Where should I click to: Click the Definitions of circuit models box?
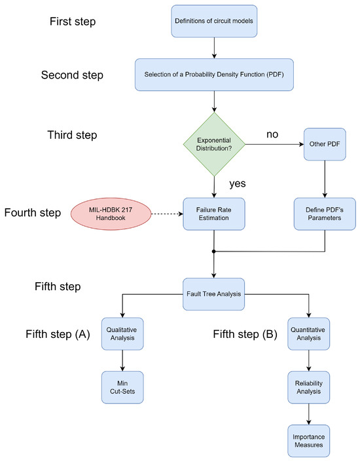(x=214, y=21)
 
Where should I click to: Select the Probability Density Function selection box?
(x=214, y=75)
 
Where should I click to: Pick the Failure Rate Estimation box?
(x=214, y=213)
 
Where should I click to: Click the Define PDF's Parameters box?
(x=325, y=213)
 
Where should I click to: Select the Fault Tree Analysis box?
(x=214, y=293)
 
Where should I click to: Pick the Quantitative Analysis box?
(x=308, y=333)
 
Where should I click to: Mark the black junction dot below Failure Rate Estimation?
(x=214, y=250)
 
